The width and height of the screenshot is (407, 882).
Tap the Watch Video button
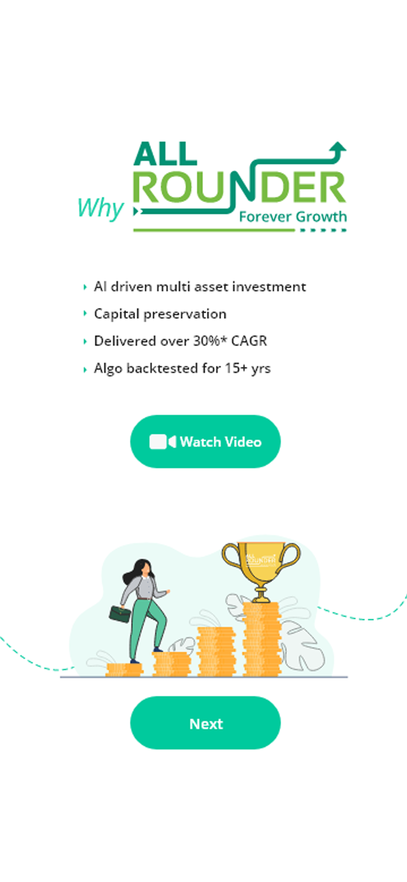pos(205,441)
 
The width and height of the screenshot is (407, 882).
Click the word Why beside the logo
pos(100,208)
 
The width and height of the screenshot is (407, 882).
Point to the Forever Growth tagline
pos(293,217)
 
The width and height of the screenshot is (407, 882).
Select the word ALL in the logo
pos(165,154)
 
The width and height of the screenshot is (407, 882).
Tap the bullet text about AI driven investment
pos(200,286)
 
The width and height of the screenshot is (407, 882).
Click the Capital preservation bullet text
pos(160,314)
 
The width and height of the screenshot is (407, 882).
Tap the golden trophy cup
pos(261,571)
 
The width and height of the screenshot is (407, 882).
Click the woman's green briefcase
pos(120,614)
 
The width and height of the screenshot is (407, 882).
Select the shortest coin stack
pos(124,670)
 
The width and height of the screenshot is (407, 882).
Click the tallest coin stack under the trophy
pos(262,639)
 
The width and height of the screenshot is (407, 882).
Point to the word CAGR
pos(249,341)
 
